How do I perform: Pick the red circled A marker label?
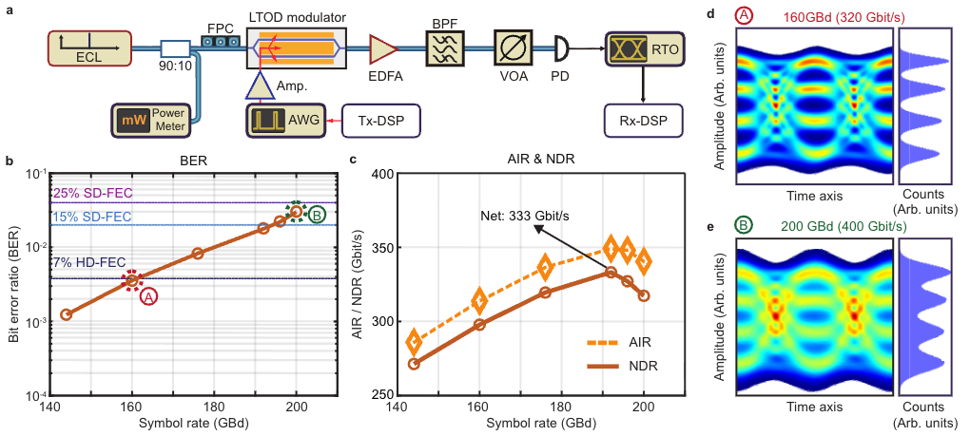click(148, 296)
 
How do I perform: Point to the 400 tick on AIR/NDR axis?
click(381, 174)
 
